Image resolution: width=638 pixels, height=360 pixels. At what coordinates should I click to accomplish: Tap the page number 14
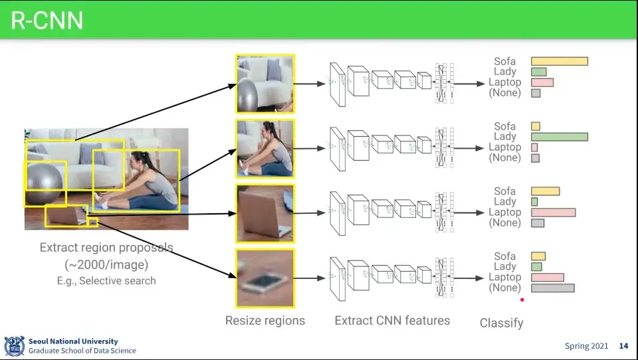tap(623, 346)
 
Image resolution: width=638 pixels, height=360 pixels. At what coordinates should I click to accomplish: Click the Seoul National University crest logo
tap(14, 345)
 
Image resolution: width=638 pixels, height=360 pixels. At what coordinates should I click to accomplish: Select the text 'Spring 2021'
tap(586, 346)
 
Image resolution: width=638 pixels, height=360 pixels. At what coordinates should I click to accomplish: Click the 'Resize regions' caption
tap(265, 321)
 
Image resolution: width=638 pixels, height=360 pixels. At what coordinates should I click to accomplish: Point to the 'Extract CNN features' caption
tap(392, 321)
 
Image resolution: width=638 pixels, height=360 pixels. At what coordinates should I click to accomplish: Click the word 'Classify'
tap(501, 323)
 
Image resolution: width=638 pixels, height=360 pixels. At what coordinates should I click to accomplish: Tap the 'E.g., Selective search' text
tap(106, 281)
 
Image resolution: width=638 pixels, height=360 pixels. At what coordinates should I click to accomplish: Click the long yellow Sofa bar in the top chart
tap(559, 61)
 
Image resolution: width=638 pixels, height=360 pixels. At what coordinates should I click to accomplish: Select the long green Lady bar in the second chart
tap(559, 137)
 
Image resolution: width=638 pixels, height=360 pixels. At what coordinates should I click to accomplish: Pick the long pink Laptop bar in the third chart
tap(553, 213)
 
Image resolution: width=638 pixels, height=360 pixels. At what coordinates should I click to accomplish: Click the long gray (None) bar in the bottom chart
tap(552, 288)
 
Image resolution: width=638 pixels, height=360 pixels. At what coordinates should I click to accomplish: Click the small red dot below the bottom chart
tap(522, 300)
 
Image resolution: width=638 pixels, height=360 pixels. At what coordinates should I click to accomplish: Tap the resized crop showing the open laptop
tap(265, 214)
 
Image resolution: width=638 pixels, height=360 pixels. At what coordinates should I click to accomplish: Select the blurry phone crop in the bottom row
tap(265, 278)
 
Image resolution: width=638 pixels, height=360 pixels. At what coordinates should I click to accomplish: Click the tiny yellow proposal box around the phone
tap(93, 222)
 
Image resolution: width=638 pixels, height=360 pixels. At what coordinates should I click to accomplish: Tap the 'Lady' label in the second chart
tap(504, 137)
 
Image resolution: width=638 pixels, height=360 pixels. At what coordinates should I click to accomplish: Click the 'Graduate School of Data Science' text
tap(82, 351)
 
